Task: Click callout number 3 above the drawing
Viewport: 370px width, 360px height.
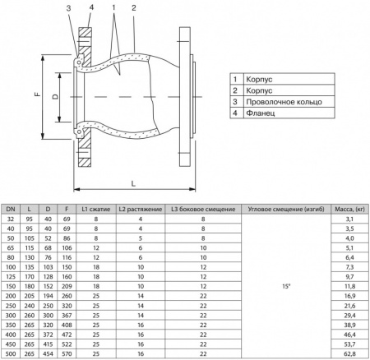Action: [68, 8]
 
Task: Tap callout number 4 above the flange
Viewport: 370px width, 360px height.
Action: [91, 7]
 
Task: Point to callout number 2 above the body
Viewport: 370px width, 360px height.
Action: [134, 8]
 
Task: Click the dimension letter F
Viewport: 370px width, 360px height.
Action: [38, 95]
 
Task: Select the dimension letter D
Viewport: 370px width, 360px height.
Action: [55, 96]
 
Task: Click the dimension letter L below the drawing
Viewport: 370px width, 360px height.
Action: [133, 183]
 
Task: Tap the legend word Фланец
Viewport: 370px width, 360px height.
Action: [261, 113]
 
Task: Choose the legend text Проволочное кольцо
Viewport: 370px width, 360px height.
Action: [284, 102]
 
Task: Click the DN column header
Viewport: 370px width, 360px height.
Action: [11, 209]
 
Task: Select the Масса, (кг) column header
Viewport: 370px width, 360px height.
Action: [349, 210]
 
